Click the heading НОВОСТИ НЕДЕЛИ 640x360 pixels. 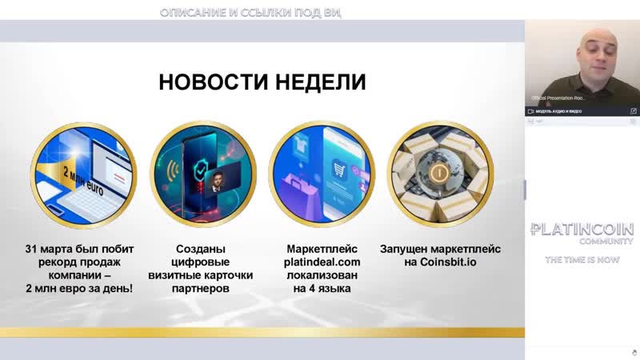(262, 82)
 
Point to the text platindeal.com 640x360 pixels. (322, 262)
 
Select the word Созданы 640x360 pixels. (202, 249)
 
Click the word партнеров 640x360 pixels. (202, 288)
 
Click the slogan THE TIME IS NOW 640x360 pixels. (582, 260)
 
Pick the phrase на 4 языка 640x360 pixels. (322, 288)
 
